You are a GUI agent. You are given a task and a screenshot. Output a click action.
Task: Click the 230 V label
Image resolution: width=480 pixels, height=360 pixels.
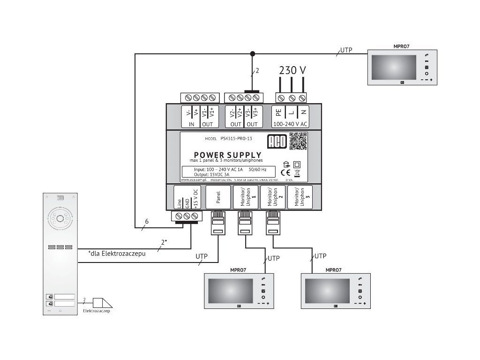pos(292,70)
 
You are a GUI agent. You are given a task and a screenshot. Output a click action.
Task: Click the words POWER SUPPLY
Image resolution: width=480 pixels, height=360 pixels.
pos(227,155)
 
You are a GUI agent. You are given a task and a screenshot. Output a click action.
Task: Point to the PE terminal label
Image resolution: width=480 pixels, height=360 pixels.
pos(279,112)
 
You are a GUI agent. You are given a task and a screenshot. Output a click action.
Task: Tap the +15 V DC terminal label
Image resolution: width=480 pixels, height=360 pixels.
pos(196,197)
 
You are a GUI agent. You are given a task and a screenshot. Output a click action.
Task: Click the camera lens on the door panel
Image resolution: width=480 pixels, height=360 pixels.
pos(60,219)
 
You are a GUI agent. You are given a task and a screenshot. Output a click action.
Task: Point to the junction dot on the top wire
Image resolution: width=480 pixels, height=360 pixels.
pos(253,53)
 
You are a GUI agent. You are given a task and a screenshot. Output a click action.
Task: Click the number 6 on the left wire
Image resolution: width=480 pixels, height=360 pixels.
pos(147,221)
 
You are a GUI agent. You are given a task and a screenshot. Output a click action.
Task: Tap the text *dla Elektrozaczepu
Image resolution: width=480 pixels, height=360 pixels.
pos(114,254)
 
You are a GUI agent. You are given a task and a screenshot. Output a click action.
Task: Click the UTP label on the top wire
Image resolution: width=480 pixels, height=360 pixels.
pos(346,50)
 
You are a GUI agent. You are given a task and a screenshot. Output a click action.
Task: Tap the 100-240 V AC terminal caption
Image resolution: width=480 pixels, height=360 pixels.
pos(290,124)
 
